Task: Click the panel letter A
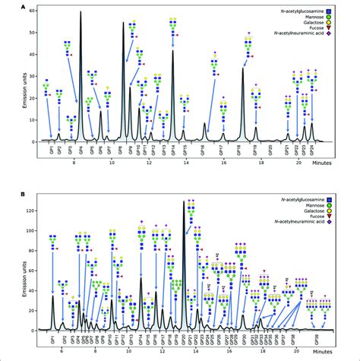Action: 24,6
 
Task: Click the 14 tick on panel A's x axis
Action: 185,161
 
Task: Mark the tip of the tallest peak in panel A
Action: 81,11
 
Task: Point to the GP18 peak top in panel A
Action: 243,68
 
